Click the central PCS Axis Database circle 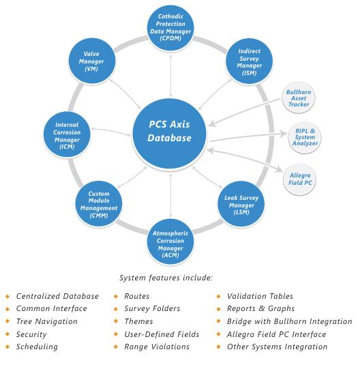click(169, 134)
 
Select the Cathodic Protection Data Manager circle click(170, 27)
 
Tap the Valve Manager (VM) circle click(92, 61)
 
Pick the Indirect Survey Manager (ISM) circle click(249, 61)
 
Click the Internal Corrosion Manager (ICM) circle click(67, 135)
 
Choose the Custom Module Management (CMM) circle click(99, 204)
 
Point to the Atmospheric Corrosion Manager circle click(170, 242)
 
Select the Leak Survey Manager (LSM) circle click(241, 204)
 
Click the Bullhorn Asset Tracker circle click(299, 98)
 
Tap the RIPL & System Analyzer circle click(305, 137)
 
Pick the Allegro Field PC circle click(299, 179)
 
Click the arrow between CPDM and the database click(170, 76)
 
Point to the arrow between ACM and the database click(170, 195)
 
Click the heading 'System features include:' click(166, 278)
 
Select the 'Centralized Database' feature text click(57, 296)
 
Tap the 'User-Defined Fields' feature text click(162, 334)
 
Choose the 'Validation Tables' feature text click(260, 296)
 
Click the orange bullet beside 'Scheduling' click(7, 347)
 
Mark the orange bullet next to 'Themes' click(116, 321)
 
